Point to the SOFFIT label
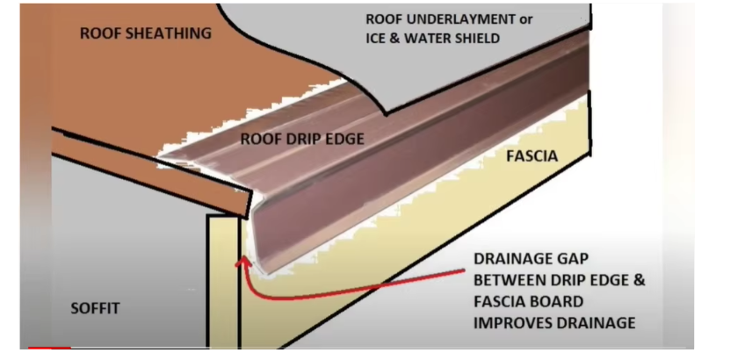94,308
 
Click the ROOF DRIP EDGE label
301,139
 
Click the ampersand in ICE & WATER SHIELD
394,39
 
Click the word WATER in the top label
430,39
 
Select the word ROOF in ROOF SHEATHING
98,34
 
